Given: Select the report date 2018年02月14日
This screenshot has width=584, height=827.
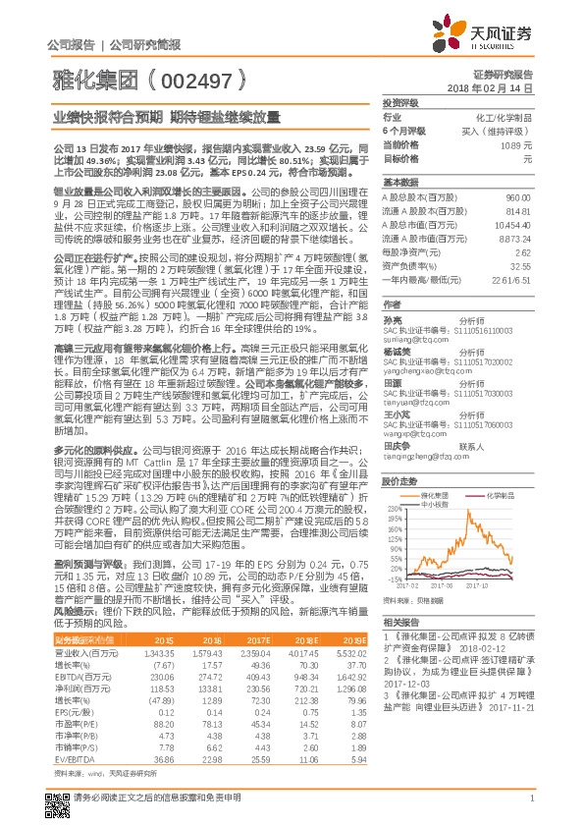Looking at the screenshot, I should [503, 87].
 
